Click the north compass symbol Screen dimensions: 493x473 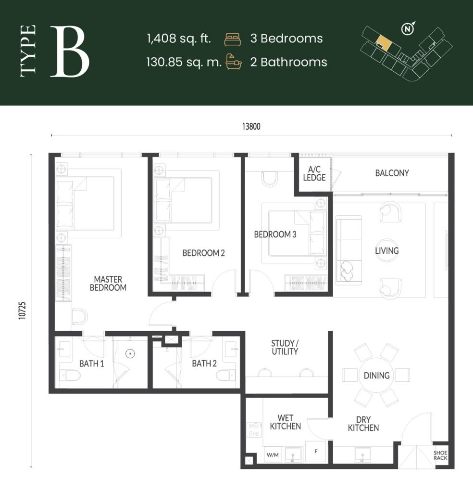click(x=408, y=29)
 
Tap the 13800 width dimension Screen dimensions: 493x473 click(x=251, y=127)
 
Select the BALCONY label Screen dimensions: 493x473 click(x=392, y=173)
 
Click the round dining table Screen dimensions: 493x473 click(x=376, y=375)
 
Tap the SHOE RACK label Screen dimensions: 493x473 click(x=440, y=455)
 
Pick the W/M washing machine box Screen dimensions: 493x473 click(x=272, y=454)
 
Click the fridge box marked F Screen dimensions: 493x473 click(x=316, y=452)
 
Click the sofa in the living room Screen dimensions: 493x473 click(x=348, y=251)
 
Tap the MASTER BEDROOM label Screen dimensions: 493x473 click(x=108, y=283)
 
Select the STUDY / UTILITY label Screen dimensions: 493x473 click(x=285, y=347)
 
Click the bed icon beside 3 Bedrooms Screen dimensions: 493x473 click(x=232, y=39)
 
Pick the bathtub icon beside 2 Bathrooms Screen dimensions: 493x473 click(x=233, y=62)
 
